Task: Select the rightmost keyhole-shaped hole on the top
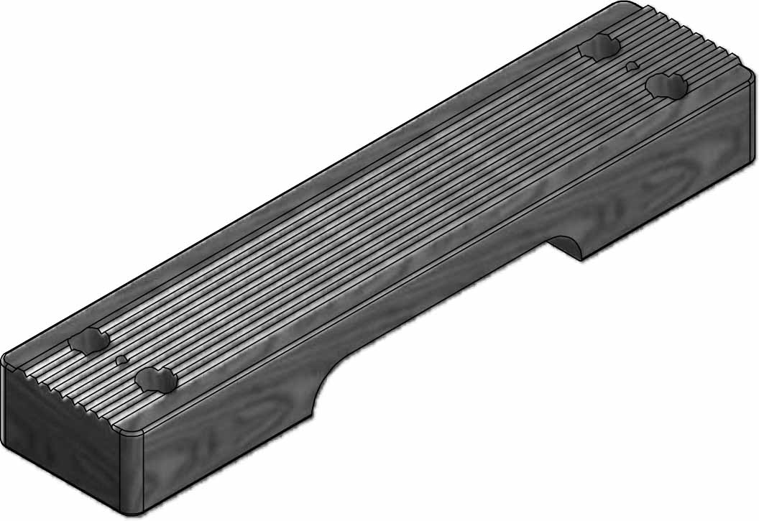pyautogui.click(x=666, y=86)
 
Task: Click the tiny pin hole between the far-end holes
pyautogui.click(x=632, y=66)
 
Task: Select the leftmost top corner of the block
pyautogui.click(x=6, y=359)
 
